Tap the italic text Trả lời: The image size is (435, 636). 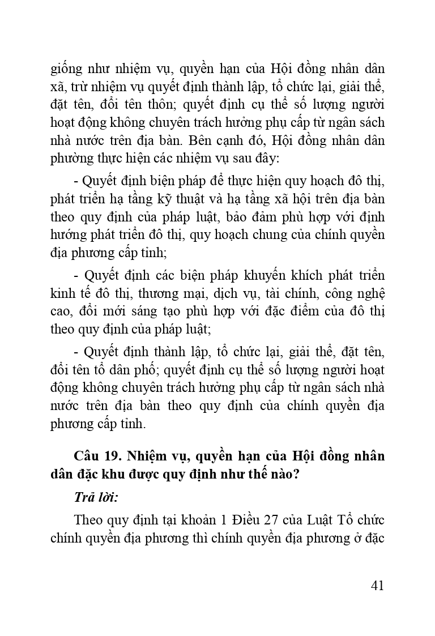95,497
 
